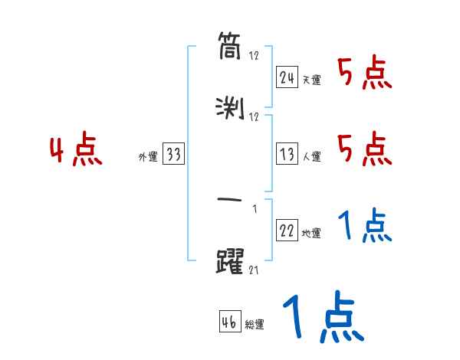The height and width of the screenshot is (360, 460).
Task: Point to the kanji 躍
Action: pyautogui.click(x=230, y=260)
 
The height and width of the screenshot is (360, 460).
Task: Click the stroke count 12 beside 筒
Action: pyautogui.click(x=255, y=56)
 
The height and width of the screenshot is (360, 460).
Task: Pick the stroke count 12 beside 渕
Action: pyautogui.click(x=255, y=117)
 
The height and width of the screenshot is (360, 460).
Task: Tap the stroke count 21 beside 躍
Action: pyautogui.click(x=255, y=270)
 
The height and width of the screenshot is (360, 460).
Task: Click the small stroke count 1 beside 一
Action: pyautogui.click(x=255, y=208)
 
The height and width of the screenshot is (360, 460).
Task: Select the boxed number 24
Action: pyautogui.click(x=287, y=77)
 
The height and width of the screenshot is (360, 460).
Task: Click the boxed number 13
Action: pyautogui.click(x=287, y=155)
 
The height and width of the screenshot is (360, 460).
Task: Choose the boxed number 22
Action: pyautogui.click(x=287, y=231)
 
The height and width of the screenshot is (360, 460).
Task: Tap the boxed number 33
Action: pyautogui.click(x=173, y=155)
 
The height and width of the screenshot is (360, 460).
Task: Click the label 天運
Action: pyautogui.click(x=312, y=80)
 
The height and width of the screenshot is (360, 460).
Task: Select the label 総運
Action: pyautogui.click(x=255, y=324)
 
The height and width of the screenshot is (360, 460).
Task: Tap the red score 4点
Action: pyautogui.click(x=76, y=150)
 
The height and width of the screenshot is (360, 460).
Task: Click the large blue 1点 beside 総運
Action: pyautogui.click(x=322, y=317)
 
